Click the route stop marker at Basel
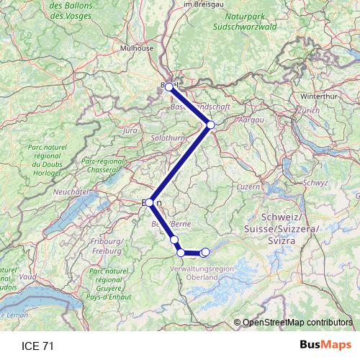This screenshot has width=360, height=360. coord(168,86)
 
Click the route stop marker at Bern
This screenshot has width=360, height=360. coord(149,203)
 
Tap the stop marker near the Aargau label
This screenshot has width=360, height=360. coord(210,125)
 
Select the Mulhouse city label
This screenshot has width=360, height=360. coord(138,48)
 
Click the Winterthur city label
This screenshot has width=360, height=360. coord(319,95)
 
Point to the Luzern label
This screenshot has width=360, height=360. coord(248,186)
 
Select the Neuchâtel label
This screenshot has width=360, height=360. coord(71,192)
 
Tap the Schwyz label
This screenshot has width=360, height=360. coord(315,182)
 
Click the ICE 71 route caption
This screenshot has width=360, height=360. coord(37,346)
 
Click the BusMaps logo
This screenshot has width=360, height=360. coord(325,346)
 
